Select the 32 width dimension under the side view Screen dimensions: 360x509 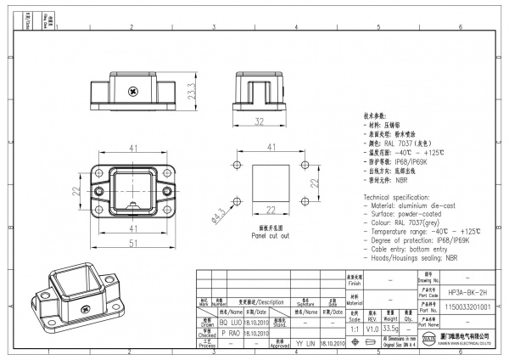pyautogui.click(x=259, y=121)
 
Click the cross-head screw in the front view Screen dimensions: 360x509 pyautogui.click(x=132, y=90)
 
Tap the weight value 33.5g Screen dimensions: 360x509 pyautogui.click(x=391, y=328)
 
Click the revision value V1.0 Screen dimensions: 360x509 pyautogui.click(x=372, y=328)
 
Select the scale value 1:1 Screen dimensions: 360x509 pyautogui.click(x=353, y=328)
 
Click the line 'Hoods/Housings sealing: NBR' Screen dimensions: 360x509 pyautogui.click(x=416, y=257)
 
